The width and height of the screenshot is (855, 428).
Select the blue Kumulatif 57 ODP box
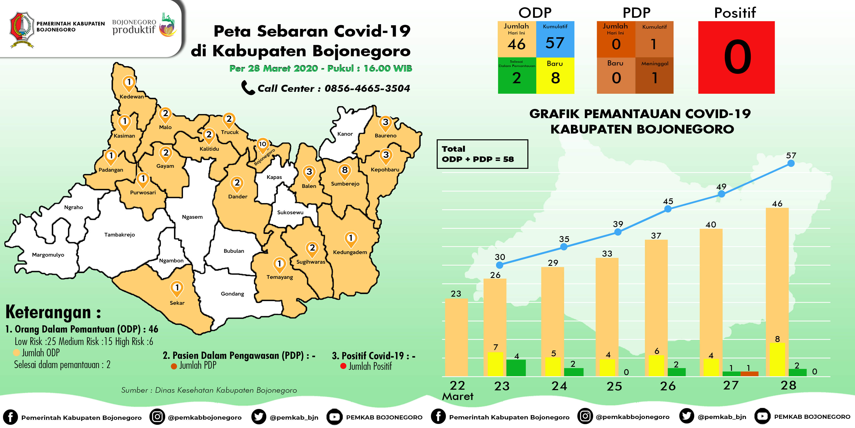tap(555, 39)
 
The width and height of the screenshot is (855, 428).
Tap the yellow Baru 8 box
tap(555, 75)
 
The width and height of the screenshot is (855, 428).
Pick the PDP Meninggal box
tap(654, 75)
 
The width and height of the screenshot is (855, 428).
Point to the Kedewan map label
tap(132, 97)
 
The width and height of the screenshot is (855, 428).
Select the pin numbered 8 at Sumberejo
tap(345, 171)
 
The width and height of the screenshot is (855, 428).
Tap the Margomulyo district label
tap(48, 255)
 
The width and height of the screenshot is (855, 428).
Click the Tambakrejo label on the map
tap(119, 235)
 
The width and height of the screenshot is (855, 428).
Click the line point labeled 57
tap(791, 163)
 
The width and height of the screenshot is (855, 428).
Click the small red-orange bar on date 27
tap(749, 373)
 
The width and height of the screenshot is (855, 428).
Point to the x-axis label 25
tap(614, 386)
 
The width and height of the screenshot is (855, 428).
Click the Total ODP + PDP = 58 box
tap(482, 154)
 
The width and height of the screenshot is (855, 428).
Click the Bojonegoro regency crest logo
tap(22, 29)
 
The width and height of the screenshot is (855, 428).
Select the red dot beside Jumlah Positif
tap(343, 366)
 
